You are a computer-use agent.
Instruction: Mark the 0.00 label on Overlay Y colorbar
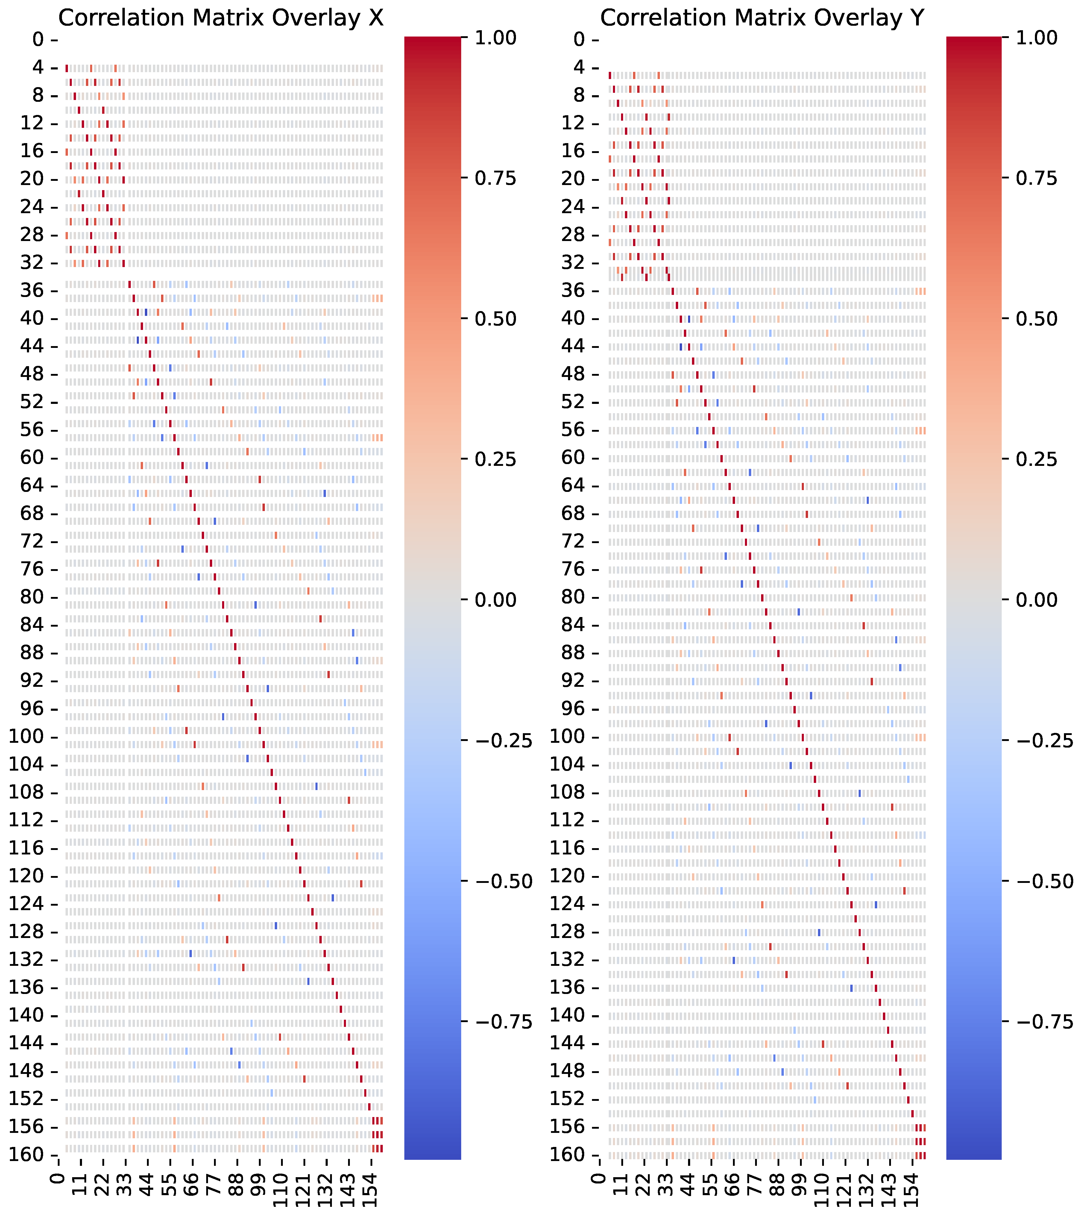[x=1038, y=600]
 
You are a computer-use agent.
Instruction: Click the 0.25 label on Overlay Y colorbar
[x=1038, y=460]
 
